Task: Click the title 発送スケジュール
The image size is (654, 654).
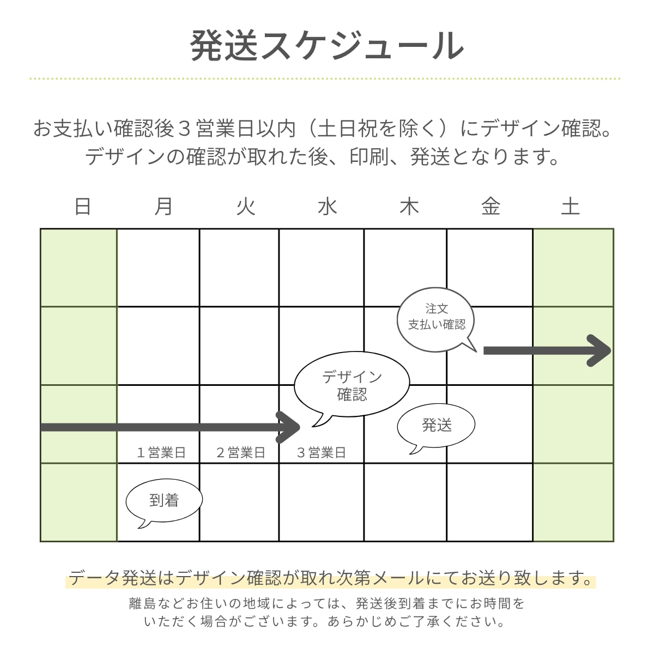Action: click(327, 45)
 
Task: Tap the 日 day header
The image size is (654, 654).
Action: click(82, 207)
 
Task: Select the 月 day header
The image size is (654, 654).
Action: click(163, 207)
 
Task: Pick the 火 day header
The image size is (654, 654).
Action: click(246, 207)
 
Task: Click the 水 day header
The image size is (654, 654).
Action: click(328, 207)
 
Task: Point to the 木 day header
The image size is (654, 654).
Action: click(409, 207)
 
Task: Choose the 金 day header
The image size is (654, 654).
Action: click(491, 207)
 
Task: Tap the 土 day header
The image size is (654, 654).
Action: click(571, 207)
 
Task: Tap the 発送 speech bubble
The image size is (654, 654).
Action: click(436, 426)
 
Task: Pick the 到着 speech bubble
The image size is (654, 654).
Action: click(163, 500)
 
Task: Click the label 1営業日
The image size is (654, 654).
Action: click(161, 452)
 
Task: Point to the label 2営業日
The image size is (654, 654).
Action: click(240, 452)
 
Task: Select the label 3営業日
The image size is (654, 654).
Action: click(321, 452)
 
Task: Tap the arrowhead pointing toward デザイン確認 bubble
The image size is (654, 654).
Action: click(289, 427)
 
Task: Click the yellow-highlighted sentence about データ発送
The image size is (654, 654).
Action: click(330, 578)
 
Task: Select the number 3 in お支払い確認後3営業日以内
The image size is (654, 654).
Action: click(184, 129)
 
